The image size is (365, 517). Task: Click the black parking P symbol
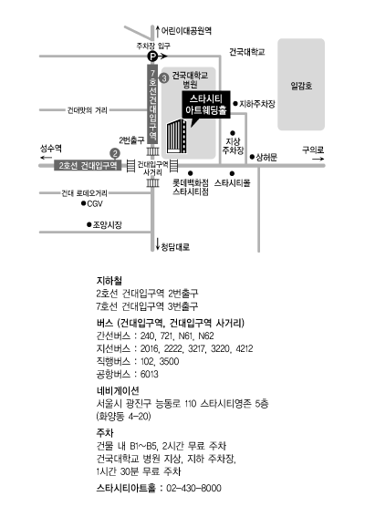(152, 57)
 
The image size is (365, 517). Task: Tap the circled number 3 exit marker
(163, 78)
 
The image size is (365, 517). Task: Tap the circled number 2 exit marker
(115, 154)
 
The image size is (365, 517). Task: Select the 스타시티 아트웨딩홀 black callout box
(206, 105)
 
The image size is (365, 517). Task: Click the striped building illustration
(177, 137)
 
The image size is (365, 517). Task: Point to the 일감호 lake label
(301, 86)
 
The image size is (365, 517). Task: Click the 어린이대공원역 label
(186, 31)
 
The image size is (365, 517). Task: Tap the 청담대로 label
(175, 246)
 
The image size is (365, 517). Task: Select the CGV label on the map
(95, 203)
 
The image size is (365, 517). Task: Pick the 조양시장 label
(108, 225)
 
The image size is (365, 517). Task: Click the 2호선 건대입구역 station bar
(89, 165)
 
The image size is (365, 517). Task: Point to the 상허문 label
(266, 157)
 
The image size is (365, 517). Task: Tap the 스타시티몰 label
(233, 182)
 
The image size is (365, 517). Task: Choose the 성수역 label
(51, 149)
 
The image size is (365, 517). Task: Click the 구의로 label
(313, 150)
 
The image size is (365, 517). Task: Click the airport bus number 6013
(150, 374)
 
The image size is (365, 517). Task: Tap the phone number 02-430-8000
(193, 488)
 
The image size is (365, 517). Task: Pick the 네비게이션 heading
(118, 391)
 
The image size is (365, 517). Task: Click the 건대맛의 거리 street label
(88, 110)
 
